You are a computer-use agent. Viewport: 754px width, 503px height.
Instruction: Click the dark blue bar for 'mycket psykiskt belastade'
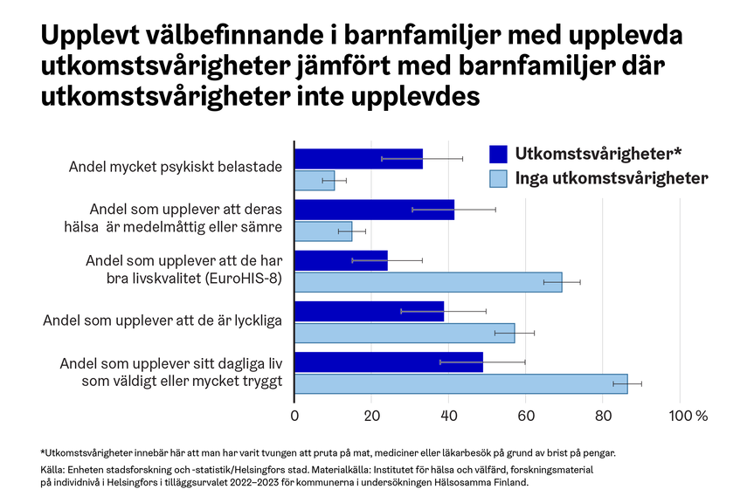tap(358, 158)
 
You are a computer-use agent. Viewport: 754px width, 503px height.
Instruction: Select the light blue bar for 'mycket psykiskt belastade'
tap(315, 181)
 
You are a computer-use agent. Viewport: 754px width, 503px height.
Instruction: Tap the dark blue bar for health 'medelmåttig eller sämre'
tap(374, 210)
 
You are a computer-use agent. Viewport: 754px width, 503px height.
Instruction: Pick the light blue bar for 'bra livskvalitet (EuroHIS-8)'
tap(428, 282)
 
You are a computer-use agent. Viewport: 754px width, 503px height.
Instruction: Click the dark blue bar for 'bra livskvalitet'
tap(341, 260)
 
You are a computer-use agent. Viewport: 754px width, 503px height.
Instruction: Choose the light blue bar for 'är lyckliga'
tap(405, 333)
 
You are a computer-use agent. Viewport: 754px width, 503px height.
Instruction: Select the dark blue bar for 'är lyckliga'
tap(369, 311)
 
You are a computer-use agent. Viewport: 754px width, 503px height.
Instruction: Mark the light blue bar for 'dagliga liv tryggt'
tap(460, 383)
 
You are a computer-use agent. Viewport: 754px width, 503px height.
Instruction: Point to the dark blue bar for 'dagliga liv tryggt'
tap(388, 362)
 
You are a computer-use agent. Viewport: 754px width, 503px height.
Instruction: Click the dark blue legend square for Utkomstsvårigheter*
tap(498, 154)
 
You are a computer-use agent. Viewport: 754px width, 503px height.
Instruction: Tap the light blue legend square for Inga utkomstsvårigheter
tap(498, 178)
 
